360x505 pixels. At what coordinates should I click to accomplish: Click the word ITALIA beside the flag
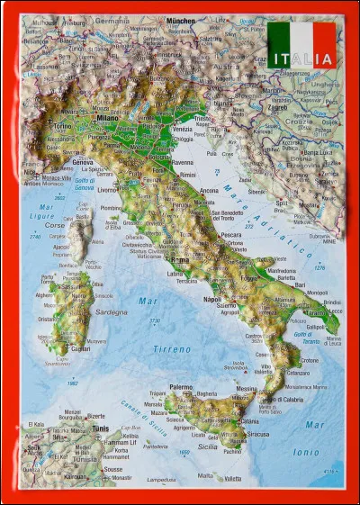click(x=301, y=60)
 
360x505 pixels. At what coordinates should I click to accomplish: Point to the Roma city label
click(x=180, y=260)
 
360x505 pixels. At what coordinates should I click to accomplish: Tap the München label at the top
click(x=180, y=20)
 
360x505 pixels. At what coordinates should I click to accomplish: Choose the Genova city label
click(x=83, y=162)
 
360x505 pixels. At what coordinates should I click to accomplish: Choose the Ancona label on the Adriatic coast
click(x=209, y=191)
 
